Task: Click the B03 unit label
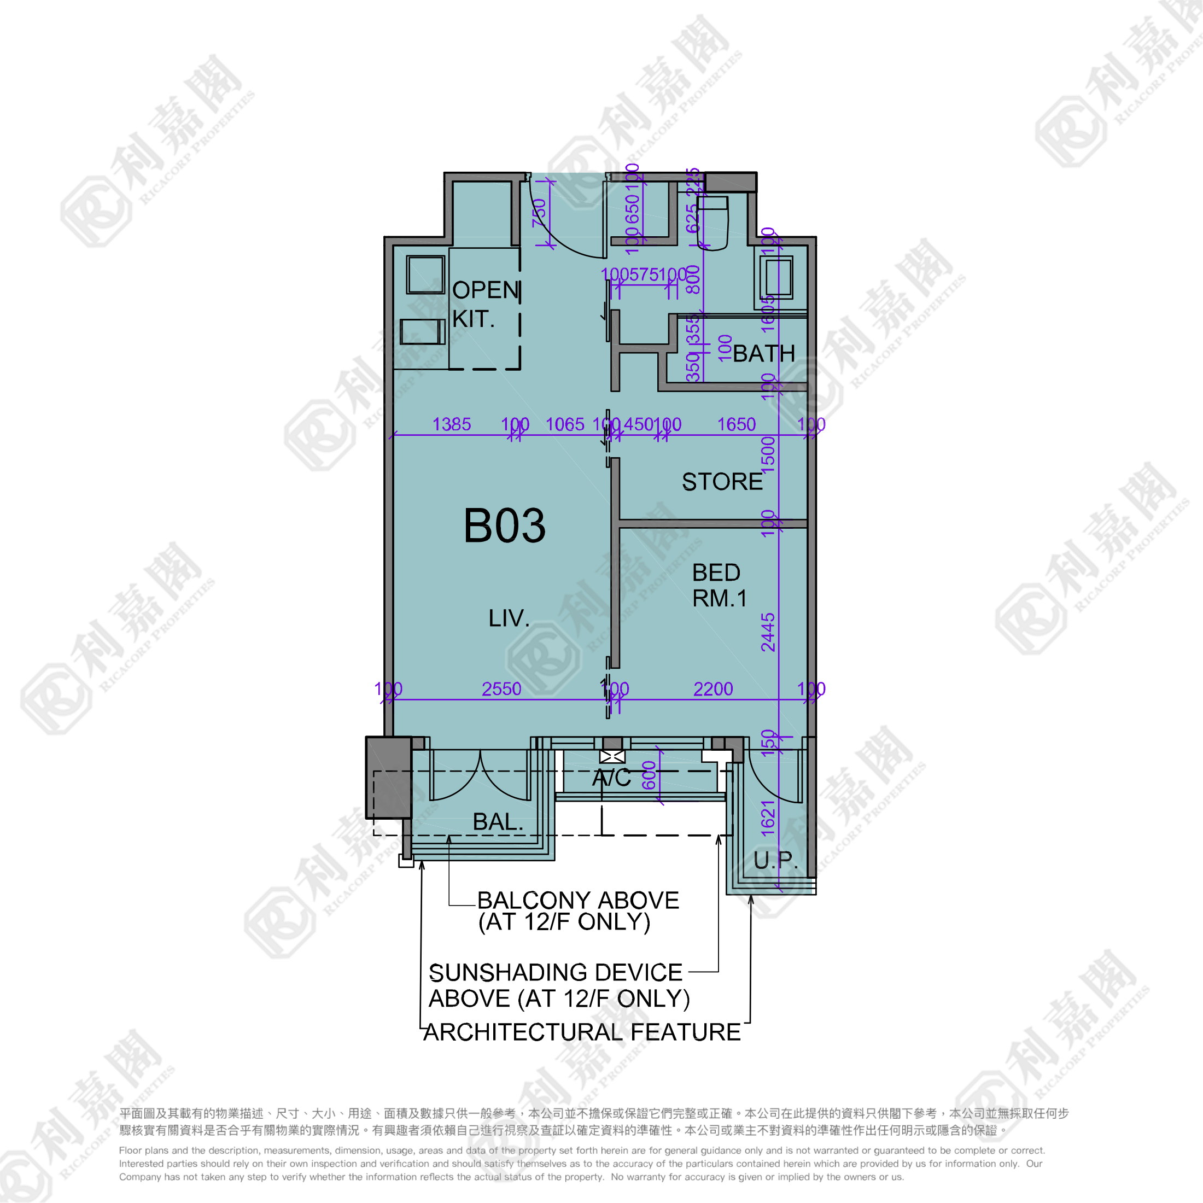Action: [504, 526]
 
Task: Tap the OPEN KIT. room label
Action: [485, 305]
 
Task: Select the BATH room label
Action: [763, 354]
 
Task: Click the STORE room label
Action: [722, 482]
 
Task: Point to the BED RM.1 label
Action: [719, 585]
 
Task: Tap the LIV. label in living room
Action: [509, 618]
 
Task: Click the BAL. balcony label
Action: [498, 822]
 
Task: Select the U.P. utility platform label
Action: [775, 861]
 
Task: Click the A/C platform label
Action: [611, 778]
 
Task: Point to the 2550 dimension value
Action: [501, 690]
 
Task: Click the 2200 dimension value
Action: [713, 690]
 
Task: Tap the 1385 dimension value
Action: [452, 425]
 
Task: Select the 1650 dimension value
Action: [736, 425]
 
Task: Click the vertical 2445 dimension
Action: [768, 632]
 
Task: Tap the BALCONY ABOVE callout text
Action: [577, 911]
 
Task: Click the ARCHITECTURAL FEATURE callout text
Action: [582, 1032]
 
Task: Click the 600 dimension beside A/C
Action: [650, 775]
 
